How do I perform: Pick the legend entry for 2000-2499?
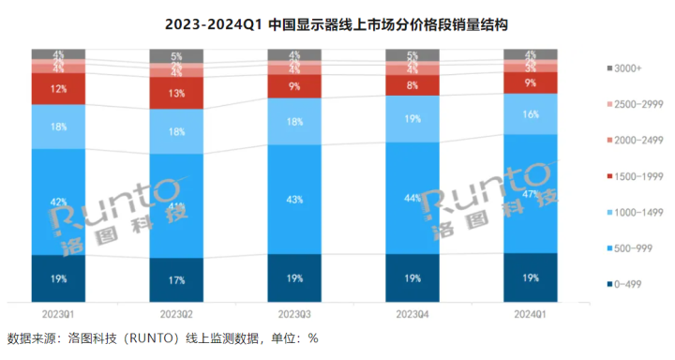click(637, 140)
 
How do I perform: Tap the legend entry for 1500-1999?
click(637, 175)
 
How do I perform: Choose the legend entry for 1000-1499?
click(637, 212)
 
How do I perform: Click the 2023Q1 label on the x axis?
click(58, 313)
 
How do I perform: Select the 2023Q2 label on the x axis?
click(176, 313)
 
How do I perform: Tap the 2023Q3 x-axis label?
click(294, 313)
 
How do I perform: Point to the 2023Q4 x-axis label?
click(412, 313)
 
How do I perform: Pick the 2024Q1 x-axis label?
click(530, 313)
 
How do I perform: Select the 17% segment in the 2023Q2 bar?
click(176, 280)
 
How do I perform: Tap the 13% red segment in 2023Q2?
click(176, 94)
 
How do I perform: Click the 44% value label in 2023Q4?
click(412, 198)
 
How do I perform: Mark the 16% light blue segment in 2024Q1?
click(530, 113)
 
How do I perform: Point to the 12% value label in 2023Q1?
click(58, 88)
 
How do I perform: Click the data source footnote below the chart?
click(163, 338)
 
